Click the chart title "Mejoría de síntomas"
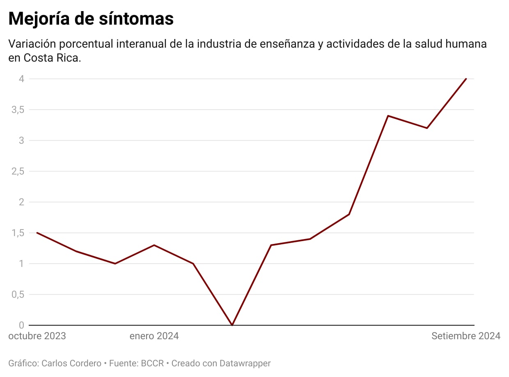(x=91, y=19)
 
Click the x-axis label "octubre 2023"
(x=37, y=336)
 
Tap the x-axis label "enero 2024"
(x=154, y=336)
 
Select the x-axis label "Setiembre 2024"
(x=465, y=336)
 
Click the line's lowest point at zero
(x=232, y=325)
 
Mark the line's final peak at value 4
(x=466, y=78)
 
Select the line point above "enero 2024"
(x=154, y=245)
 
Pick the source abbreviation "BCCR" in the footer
(x=152, y=363)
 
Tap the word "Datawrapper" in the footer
(x=245, y=363)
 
